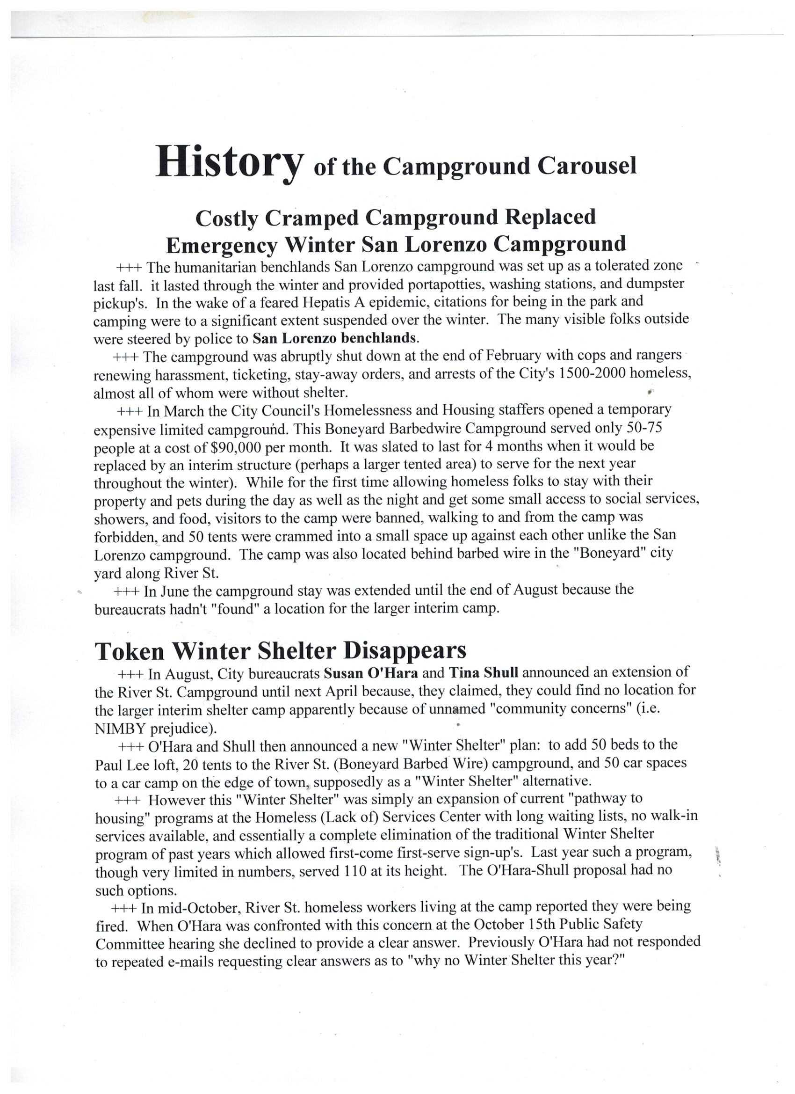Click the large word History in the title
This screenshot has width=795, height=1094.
click(230, 163)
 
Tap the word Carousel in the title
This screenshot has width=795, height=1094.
click(587, 166)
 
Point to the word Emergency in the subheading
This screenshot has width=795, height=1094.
click(222, 245)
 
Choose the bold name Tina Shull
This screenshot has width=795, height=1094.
click(484, 672)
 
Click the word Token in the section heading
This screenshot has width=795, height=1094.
click(130, 651)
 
